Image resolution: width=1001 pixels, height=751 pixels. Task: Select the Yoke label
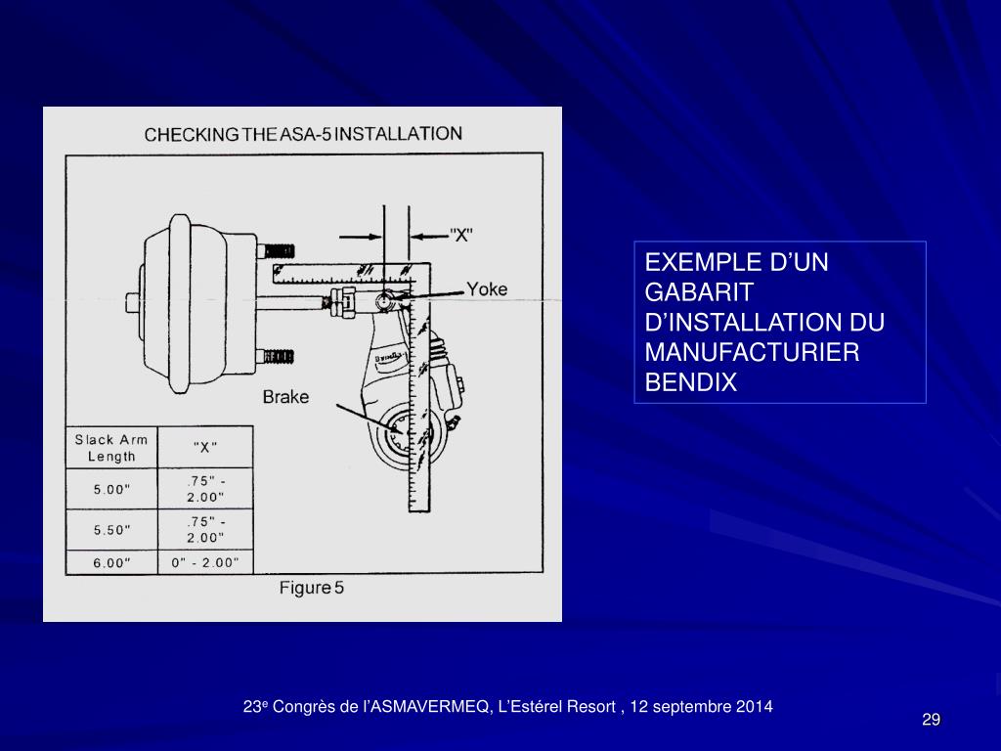[x=486, y=288]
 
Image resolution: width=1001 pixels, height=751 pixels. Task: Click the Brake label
[x=285, y=396]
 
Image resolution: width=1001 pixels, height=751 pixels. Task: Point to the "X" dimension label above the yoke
[x=461, y=235]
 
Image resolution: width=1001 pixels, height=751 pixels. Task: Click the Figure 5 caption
[x=311, y=588]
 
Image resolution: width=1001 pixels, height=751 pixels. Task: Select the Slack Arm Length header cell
[x=111, y=448]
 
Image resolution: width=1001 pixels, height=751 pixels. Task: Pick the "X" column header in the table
[x=204, y=448]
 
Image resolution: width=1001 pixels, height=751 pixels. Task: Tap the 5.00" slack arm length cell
[x=111, y=490]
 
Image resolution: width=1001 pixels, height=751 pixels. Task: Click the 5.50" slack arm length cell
[x=111, y=529]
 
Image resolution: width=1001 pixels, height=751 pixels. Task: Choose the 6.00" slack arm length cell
[x=111, y=562]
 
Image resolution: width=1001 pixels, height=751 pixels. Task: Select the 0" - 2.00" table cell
[x=204, y=562]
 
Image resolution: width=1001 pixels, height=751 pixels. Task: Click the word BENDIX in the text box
[x=689, y=383]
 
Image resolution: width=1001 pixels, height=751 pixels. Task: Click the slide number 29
[x=931, y=721]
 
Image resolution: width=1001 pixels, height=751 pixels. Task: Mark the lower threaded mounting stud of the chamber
[x=279, y=356]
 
